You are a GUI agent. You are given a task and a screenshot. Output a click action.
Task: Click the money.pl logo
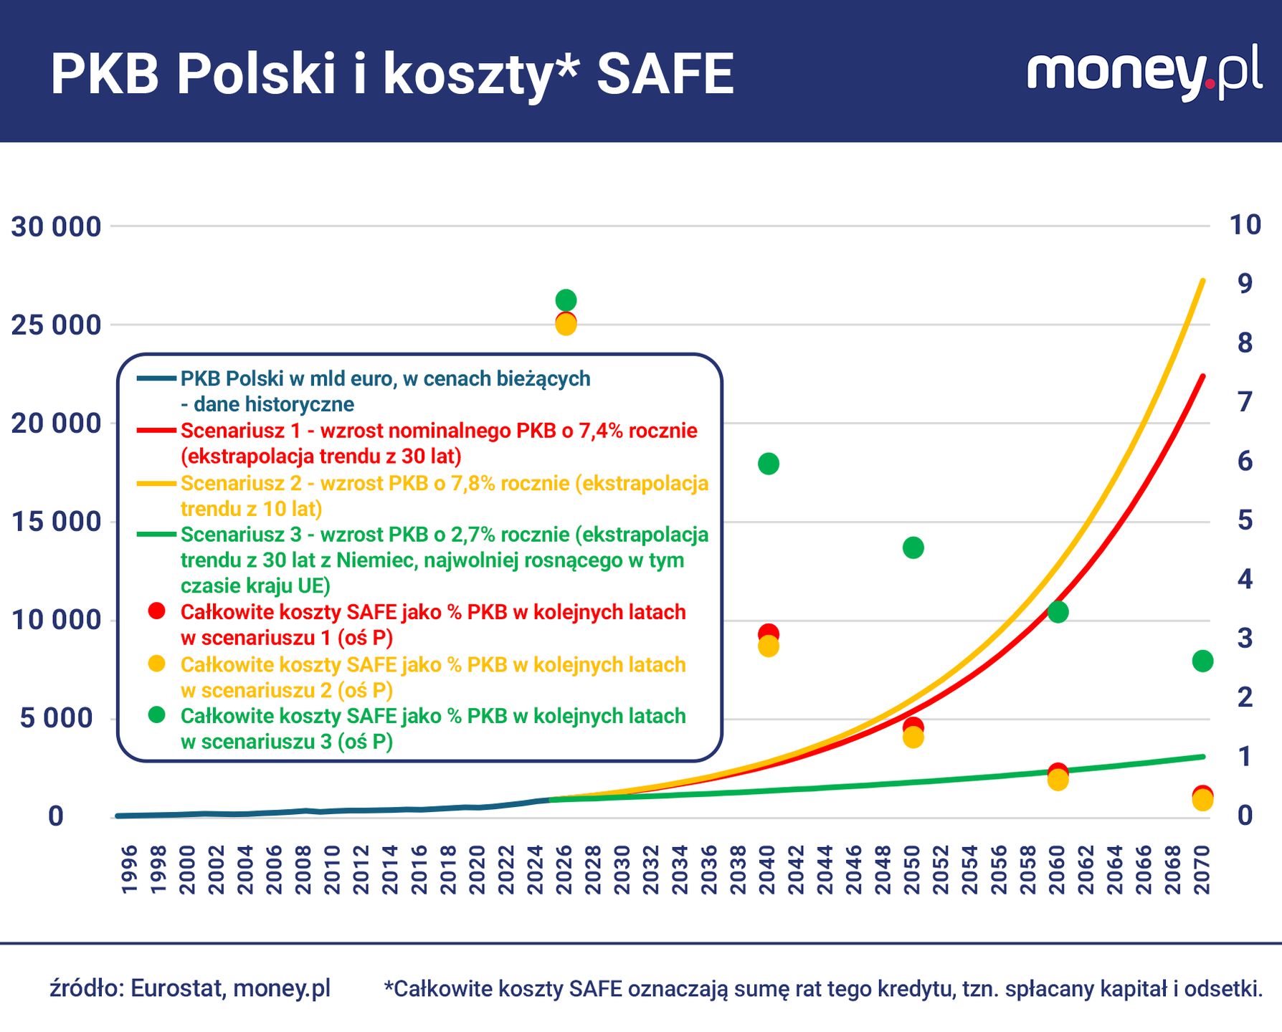(x=1144, y=72)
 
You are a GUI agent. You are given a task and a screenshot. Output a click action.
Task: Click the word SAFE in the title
(x=665, y=74)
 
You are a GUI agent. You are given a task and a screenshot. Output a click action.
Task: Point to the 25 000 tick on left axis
(x=56, y=325)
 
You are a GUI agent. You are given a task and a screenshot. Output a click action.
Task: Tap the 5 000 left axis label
(x=56, y=718)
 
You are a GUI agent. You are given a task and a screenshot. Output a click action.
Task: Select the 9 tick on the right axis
(x=1245, y=284)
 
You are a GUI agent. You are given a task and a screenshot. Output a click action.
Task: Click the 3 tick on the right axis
(x=1245, y=638)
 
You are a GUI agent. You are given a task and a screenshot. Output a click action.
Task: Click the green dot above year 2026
(x=566, y=300)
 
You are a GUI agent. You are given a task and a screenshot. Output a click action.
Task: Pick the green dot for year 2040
(x=768, y=464)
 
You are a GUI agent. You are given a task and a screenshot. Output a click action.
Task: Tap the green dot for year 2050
(x=913, y=548)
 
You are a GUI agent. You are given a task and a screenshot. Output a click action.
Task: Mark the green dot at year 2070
(x=1202, y=661)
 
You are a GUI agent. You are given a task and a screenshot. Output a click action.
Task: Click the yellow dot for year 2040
(x=768, y=647)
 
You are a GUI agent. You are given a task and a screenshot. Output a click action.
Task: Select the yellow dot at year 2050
(x=913, y=738)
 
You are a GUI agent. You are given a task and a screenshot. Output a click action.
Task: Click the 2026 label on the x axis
(x=565, y=869)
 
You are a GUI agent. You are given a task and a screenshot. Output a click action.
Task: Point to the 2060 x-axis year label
(x=1058, y=869)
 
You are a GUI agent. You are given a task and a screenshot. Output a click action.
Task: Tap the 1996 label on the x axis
(x=130, y=869)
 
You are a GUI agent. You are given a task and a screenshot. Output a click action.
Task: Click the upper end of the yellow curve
(x=1202, y=282)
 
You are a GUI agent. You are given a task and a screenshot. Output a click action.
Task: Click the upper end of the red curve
(x=1202, y=377)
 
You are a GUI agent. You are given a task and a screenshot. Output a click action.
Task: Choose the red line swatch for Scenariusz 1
(x=156, y=431)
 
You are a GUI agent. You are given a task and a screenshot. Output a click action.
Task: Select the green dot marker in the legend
(x=156, y=715)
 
